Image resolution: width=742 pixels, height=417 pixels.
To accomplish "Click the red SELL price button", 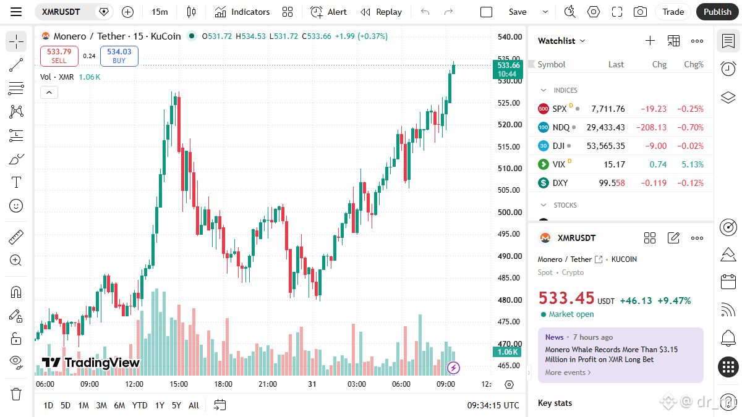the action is click(x=59, y=56).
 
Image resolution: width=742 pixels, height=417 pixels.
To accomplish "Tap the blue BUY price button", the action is click(x=119, y=56).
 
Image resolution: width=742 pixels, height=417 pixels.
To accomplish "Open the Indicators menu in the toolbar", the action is click(x=242, y=12).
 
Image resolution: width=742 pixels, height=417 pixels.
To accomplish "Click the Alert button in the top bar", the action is click(x=328, y=12).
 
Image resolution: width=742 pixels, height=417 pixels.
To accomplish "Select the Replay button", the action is click(x=381, y=12).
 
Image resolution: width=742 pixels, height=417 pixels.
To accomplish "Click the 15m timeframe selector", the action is click(x=160, y=12).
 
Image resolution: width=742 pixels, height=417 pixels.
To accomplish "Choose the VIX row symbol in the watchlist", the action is click(x=559, y=164).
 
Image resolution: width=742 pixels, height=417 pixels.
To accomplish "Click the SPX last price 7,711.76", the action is click(x=608, y=109).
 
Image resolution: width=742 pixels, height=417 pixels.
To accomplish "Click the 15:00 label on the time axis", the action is click(x=179, y=384).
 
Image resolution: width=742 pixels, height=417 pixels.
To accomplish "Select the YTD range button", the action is click(x=140, y=405).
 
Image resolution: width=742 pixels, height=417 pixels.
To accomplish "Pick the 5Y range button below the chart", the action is click(x=176, y=405).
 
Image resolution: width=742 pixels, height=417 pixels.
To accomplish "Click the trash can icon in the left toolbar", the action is click(x=16, y=394).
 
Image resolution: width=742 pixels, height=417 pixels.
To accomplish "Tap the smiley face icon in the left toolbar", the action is click(x=16, y=206).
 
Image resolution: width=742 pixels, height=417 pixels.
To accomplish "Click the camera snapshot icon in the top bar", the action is click(x=640, y=12).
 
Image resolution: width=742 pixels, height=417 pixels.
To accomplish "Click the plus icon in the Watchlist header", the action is click(x=650, y=41).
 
